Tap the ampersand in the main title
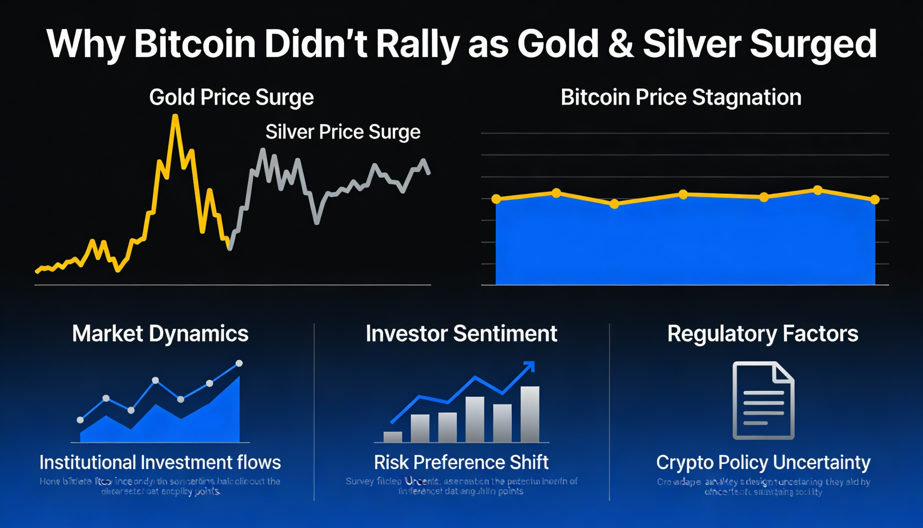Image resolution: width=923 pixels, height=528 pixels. tap(621, 44)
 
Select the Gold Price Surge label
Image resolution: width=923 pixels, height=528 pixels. tap(231, 97)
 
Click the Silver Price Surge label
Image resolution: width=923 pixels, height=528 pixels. tap(343, 131)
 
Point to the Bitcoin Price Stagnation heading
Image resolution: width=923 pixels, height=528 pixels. tap(681, 97)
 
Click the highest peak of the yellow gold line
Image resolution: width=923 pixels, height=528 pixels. tap(175, 117)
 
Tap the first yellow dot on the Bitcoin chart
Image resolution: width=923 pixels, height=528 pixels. tap(496, 198)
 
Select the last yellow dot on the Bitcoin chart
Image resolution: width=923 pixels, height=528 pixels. tap(875, 200)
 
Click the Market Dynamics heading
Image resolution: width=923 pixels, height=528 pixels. tap(160, 333)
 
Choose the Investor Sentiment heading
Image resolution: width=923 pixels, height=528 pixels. tap(461, 333)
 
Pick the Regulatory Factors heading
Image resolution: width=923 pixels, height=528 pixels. tap(763, 333)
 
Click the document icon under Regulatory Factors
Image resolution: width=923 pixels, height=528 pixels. tap(763, 400)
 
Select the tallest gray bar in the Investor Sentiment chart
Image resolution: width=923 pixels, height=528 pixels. tap(530, 414)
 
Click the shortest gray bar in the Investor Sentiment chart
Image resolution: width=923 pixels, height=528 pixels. tap(393, 437)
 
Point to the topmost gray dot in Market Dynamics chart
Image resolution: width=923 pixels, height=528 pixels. tap(239, 363)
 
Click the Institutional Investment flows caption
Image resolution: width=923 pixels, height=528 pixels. tap(160, 462)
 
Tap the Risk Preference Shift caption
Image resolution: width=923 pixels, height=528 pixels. tap(461, 462)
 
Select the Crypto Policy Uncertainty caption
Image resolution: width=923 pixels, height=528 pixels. tap(763, 462)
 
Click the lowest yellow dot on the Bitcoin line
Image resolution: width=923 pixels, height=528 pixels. tap(614, 204)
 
